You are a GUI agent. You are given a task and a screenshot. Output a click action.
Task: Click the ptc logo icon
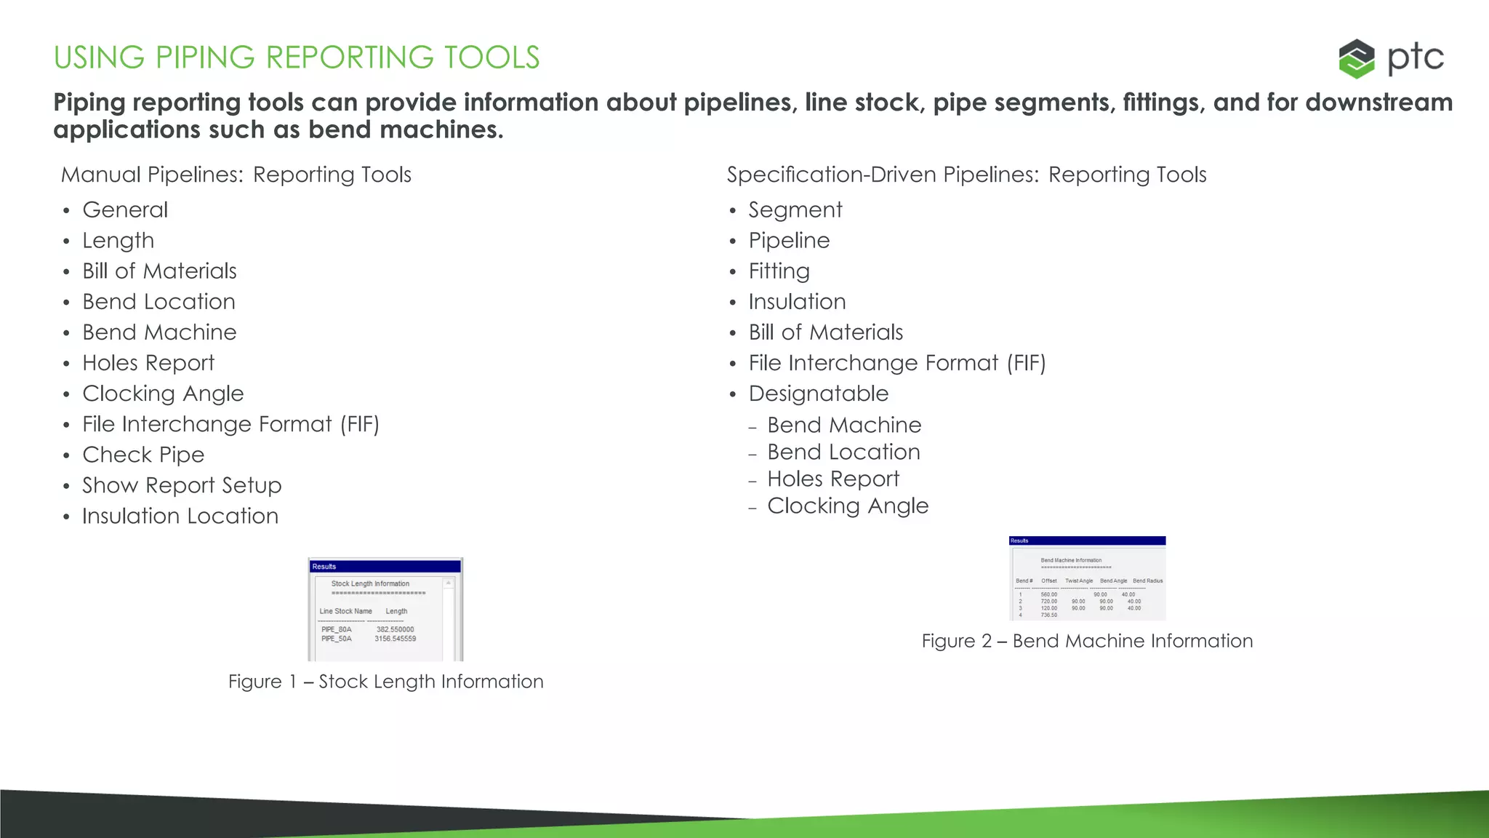[1356, 58]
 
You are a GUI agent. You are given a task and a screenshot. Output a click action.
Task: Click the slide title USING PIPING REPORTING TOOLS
[297, 57]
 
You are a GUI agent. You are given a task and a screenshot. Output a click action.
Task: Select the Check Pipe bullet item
[143, 455]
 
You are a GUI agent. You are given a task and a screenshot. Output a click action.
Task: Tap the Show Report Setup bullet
[182, 485]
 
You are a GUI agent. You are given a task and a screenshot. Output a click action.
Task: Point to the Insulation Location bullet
[180, 516]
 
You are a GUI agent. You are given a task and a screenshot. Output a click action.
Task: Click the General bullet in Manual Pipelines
[125, 209]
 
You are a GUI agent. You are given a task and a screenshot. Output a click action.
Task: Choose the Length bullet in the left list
[119, 240]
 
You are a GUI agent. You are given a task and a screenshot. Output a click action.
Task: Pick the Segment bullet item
[795, 209]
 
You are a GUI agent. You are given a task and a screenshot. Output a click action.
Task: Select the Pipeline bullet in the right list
[789, 240]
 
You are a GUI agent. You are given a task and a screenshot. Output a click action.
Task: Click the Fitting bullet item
[779, 271]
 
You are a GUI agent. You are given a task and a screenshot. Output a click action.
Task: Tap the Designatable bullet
[819, 394]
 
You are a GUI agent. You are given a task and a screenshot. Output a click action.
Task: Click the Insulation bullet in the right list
[797, 302]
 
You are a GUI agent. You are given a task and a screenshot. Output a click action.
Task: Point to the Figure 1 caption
[385, 682]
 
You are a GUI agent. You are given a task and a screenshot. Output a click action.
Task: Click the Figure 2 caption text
[1087, 641]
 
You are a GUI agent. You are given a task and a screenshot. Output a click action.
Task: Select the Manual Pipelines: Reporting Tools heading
[236, 175]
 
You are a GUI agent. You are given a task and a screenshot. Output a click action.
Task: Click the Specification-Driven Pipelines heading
[966, 175]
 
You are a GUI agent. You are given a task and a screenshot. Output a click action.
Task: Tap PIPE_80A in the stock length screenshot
[337, 630]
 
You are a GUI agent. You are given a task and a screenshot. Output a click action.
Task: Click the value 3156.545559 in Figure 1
[396, 639]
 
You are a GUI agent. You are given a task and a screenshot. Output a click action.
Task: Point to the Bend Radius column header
[1147, 580]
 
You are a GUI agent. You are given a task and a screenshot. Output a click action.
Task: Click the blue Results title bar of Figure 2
[1087, 540]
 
